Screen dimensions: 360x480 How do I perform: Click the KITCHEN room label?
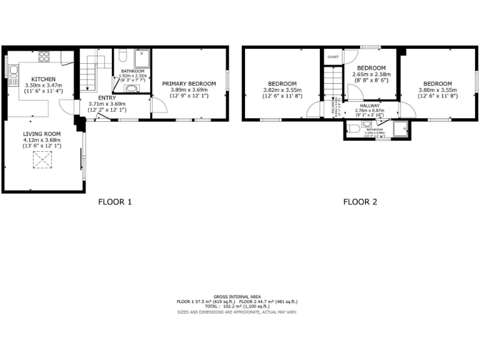coord(35,79)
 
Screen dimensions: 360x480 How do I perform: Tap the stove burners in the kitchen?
coord(44,57)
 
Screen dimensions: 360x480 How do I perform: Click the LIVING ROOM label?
coord(41,134)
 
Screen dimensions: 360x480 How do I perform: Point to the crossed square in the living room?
coord(41,162)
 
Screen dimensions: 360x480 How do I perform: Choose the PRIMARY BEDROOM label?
coord(189,83)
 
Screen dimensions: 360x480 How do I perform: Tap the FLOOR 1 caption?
coord(115,202)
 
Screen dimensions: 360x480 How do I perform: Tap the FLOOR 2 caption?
coord(360,202)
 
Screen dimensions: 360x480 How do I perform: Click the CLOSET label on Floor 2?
coord(332,57)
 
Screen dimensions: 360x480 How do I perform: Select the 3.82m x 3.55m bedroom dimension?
coord(282,90)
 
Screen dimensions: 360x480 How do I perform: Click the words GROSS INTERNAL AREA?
coord(237,296)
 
